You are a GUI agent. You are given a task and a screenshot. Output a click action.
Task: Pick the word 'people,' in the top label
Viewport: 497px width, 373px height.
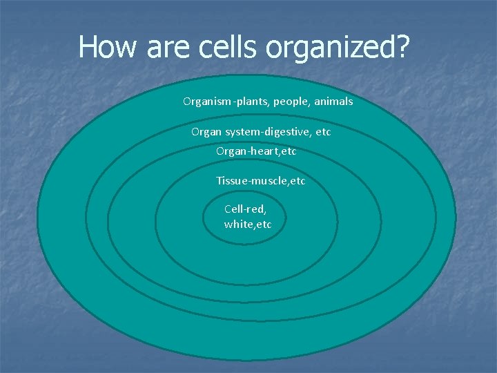click(x=291, y=102)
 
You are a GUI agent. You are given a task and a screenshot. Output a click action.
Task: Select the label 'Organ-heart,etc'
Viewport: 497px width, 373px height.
click(x=256, y=151)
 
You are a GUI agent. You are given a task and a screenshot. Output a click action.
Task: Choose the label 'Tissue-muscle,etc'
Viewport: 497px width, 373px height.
click(x=260, y=181)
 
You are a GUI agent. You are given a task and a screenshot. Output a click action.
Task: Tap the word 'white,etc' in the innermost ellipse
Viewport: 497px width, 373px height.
click(x=248, y=224)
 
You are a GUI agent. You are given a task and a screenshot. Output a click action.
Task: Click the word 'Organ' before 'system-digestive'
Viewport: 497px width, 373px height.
click(x=206, y=131)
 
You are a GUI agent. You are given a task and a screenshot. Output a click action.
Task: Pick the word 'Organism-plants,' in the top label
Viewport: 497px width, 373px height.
click(x=226, y=102)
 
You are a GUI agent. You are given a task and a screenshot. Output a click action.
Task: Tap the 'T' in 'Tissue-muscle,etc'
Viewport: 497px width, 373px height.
click(x=220, y=181)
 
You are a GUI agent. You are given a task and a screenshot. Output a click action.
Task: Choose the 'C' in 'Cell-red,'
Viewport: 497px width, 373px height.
click(x=228, y=209)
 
